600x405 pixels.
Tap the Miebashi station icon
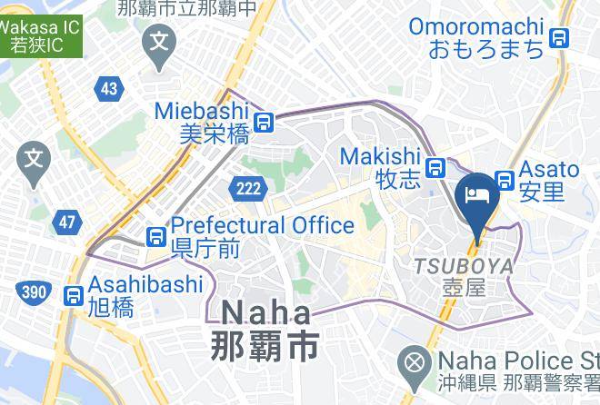(x=264, y=122)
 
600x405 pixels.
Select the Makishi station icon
(x=436, y=167)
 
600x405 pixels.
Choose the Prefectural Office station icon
(x=155, y=236)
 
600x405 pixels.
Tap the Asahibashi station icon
(x=72, y=296)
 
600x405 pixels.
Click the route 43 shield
(x=109, y=88)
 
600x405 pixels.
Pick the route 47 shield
(x=65, y=221)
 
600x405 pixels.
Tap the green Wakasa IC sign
(x=38, y=36)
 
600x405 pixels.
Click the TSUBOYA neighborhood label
(x=464, y=267)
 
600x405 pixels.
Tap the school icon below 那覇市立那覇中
(x=161, y=41)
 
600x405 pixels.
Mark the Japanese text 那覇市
(x=264, y=348)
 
